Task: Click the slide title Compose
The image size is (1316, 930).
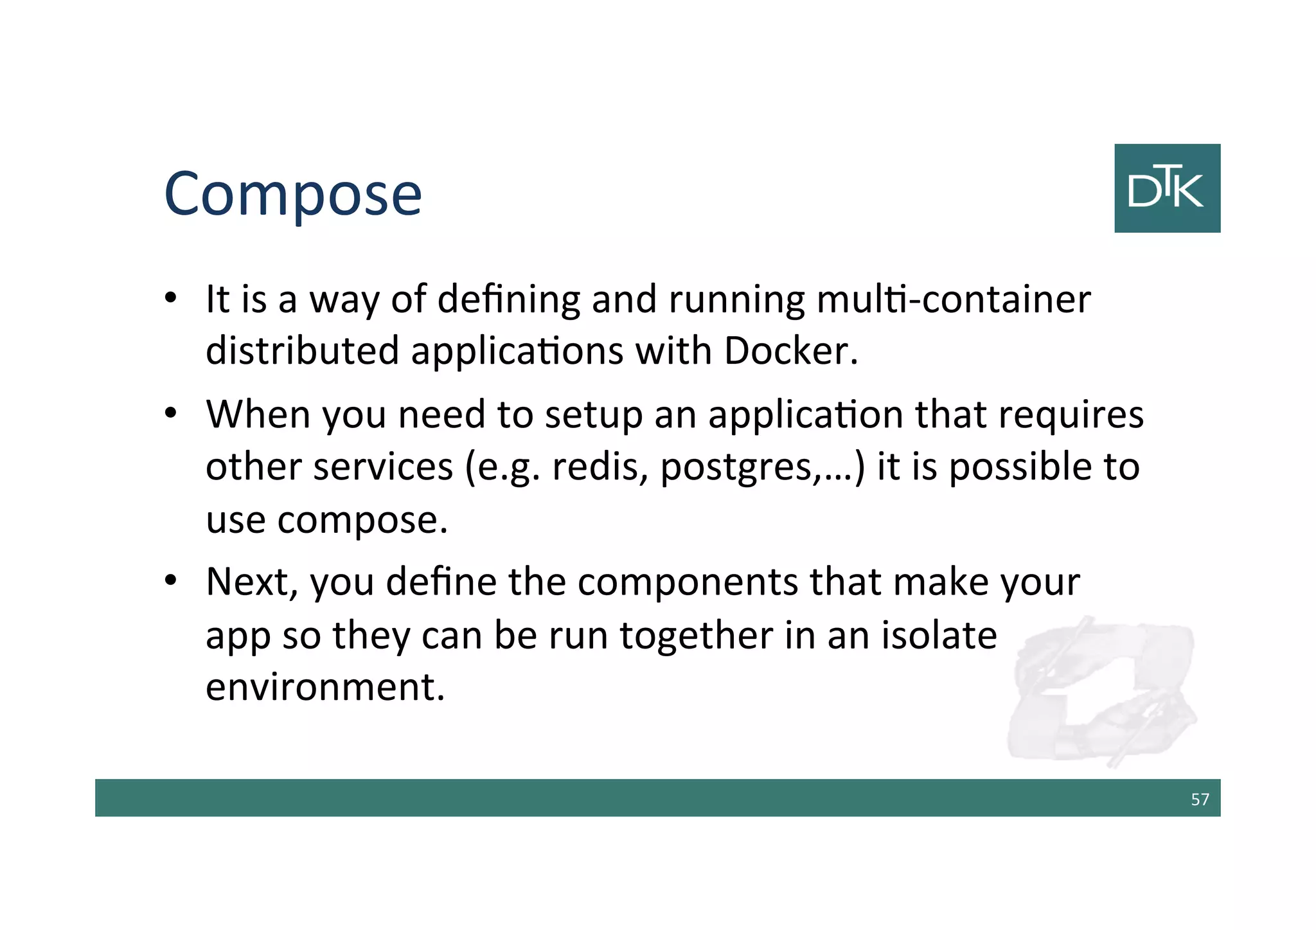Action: (x=293, y=195)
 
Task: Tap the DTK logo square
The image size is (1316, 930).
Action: (x=1167, y=188)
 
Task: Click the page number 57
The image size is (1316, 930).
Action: (x=1199, y=799)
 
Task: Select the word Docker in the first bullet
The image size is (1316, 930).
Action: (x=790, y=352)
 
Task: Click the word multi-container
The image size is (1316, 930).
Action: (x=954, y=300)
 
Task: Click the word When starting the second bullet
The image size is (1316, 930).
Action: (x=258, y=415)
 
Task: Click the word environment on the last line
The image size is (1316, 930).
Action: (x=325, y=687)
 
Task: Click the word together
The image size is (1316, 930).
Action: (x=695, y=636)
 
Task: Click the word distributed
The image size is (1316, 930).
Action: (x=303, y=352)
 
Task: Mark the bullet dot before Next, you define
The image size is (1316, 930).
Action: (x=170, y=581)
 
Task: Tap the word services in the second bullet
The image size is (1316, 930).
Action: (x=383, y=467)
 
